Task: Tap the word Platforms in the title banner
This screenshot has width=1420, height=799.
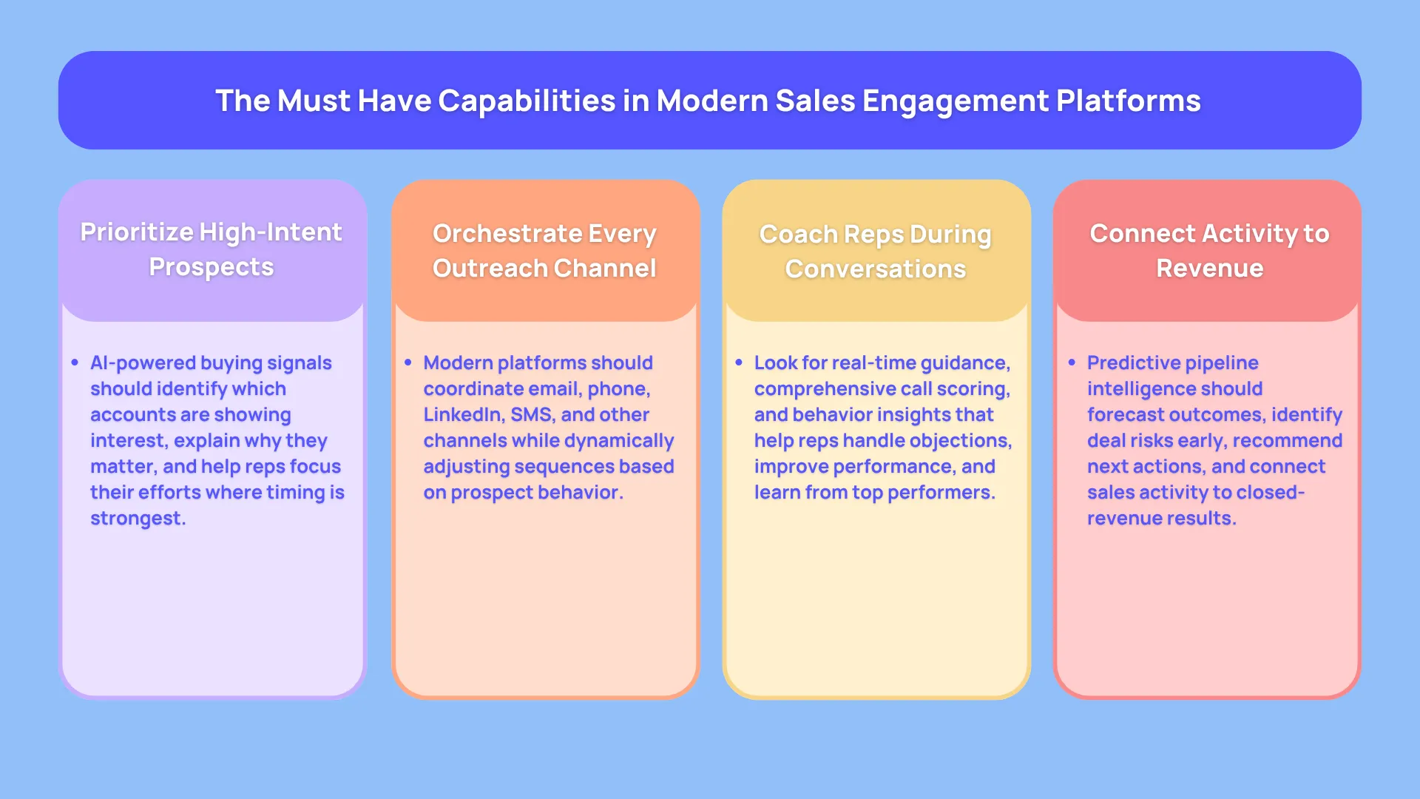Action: coord(1129,101)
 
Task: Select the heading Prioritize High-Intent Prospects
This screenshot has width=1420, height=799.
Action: coord(212,249)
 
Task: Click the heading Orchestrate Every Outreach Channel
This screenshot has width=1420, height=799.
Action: coord(544,250)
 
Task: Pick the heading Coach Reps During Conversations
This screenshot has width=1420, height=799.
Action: coord(876,251)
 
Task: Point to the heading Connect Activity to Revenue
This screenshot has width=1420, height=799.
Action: coord(1209,250)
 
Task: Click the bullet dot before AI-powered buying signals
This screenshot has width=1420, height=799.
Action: coord(75,363)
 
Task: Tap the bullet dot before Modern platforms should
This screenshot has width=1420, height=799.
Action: coord(408,363)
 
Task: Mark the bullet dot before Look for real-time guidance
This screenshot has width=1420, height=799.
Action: coord(738,363)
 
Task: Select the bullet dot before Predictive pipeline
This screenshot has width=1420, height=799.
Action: coord(1072,363)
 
